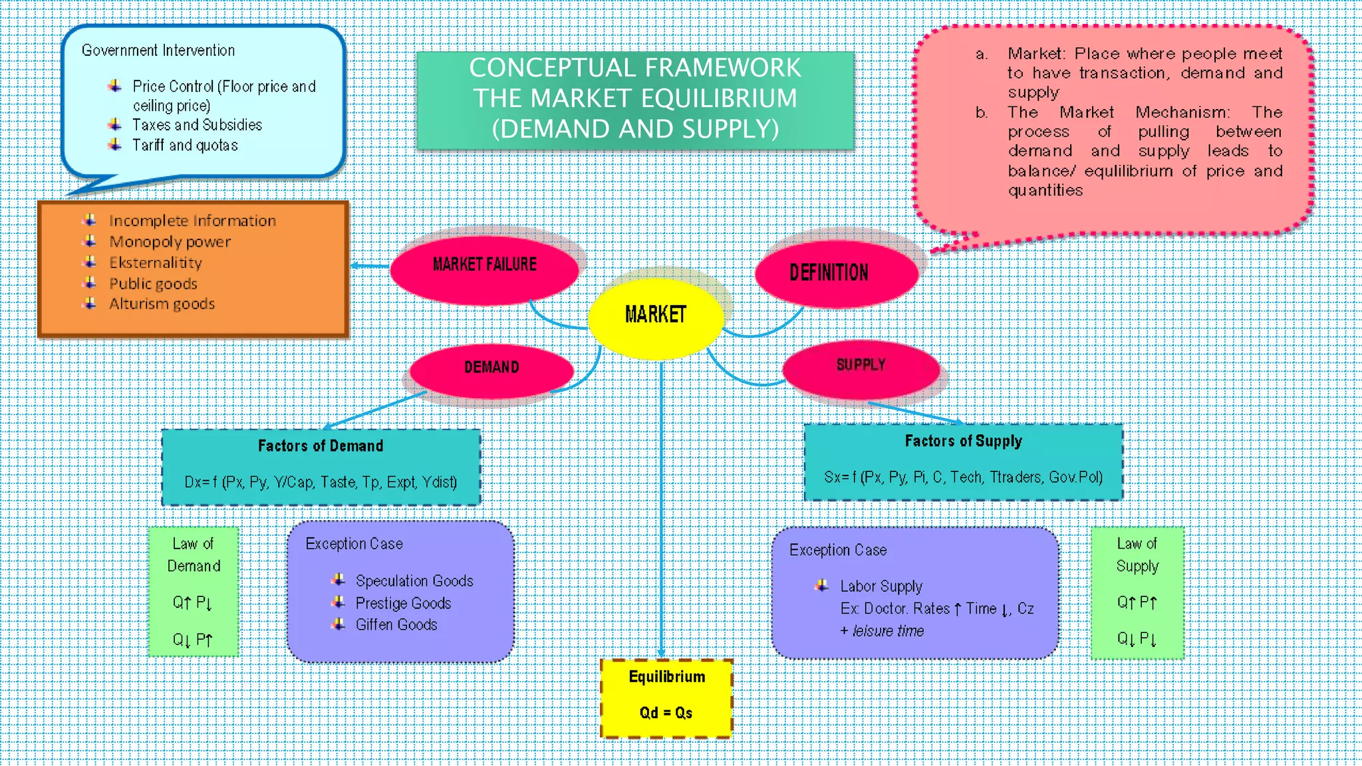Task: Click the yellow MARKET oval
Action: [x=656, y=315]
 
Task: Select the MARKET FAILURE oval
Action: [x=484, y=265]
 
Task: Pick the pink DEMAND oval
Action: [x=491, y=368]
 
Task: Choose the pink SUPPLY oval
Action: [x=861, y=366]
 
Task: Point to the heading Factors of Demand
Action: [x=321, y=446]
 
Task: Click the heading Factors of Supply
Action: [x=963, y=442]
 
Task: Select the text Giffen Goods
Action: [x=396, y=625]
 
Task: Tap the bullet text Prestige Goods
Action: [x=403, y=604]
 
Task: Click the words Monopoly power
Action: [x=170, y=242]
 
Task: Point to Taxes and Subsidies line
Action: [x=197, y=125]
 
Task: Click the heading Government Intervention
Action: [x=158, y=51]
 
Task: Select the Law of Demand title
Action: [x=194, y=555]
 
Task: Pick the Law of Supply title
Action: [x=1137, y=555]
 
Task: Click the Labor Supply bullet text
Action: [x=881, y=586]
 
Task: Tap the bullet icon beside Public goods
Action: [x=90, y=283]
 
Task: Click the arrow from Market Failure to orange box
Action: [x=370, y=266]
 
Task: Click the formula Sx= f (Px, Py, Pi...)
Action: [x=963, y=477]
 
